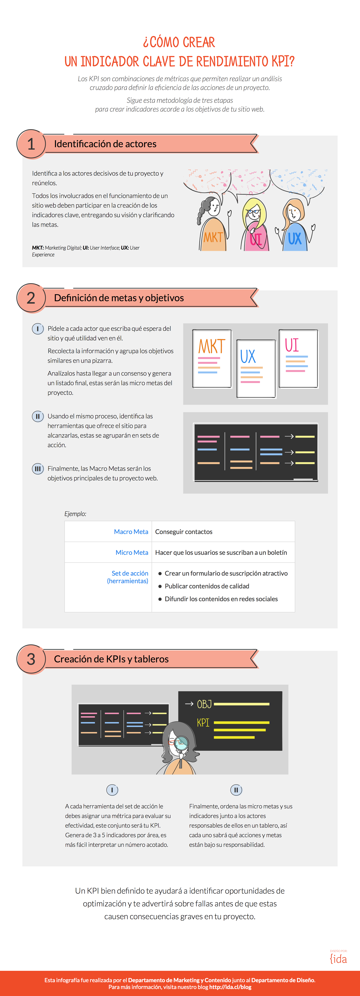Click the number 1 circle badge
click(x=31, y=144)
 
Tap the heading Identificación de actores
click(x=105, y=144)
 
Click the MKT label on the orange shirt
click(x=213, y=237)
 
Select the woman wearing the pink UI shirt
click(x=254, y=224)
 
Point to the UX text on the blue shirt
click(x=295, y=239)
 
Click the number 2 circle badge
click(x=31, y=298)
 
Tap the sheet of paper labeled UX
click(x=256, y=368)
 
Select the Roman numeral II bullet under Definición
click(x=38, y=416)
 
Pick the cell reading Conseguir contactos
click(x=184, y=532)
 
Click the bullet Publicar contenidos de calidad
click(x=207, y=586)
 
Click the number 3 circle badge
click(x=31, y=659)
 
